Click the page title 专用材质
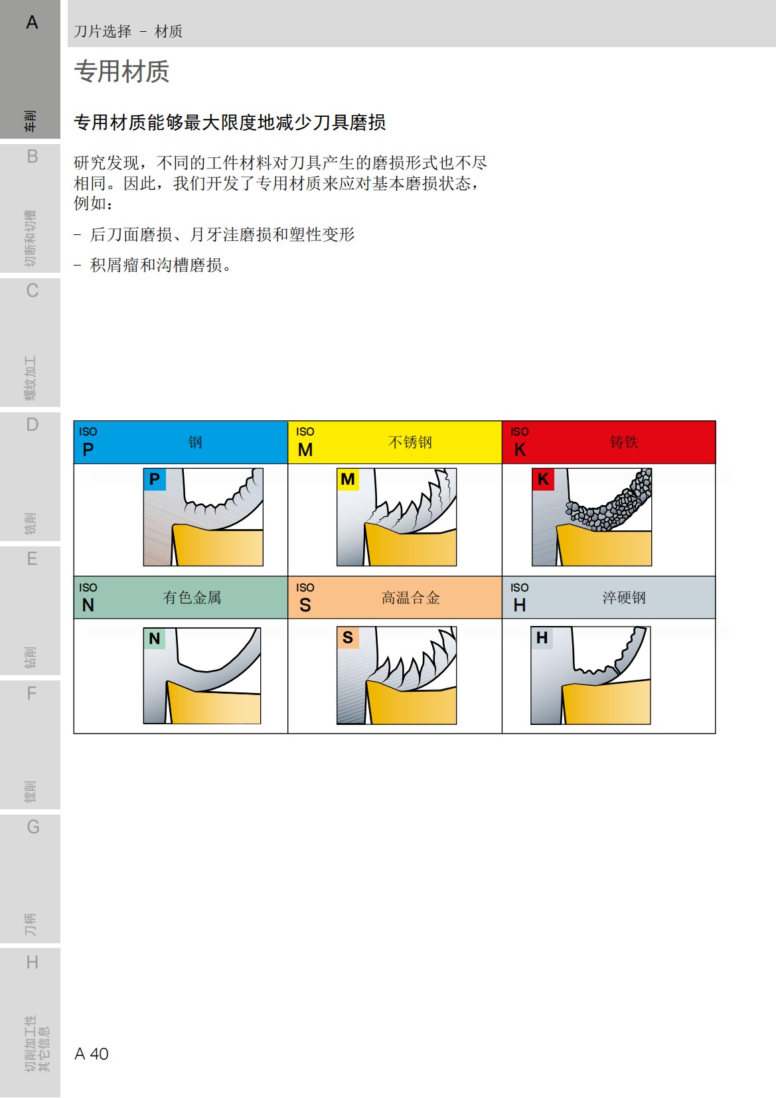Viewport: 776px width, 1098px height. [x=121, y=72]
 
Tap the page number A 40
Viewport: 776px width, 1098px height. [x=92, y=1054]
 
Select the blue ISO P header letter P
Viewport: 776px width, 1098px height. [x=88, y=449]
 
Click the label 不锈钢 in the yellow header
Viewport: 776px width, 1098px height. [x=410, y=442]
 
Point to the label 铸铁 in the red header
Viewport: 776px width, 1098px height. [x=624, y=442]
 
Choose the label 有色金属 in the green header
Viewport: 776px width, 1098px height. [x=192, y=597]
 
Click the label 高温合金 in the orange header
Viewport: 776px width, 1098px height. [x=410, y=597]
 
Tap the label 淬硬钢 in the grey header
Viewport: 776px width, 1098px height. [x=624, y=597]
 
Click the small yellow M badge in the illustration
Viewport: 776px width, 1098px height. [x=348, y=479]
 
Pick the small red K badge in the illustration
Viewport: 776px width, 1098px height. [x=543, y=479]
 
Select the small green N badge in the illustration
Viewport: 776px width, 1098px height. [x=154, y=639]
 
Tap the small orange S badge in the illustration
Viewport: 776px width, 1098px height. [x=348, y=638]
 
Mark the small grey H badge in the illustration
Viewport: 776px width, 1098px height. [x=542, y=638]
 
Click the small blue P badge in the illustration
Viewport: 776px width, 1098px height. [x=154, y=479]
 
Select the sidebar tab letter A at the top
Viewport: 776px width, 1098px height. [x=32, y=23]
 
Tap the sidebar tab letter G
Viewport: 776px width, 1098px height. [x=33, y=827]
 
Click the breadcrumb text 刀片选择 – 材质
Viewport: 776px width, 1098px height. [x=128, y=31]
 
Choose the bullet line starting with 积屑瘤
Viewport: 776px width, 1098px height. [x=161, y=265]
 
